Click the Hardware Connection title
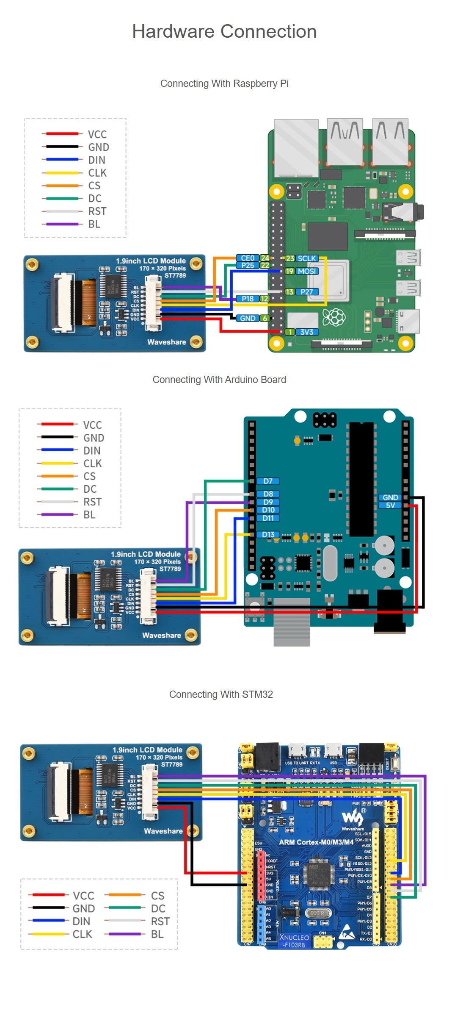[224, 32]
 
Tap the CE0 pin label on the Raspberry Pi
[247, 258]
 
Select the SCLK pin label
[307, 258]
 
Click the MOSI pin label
[307, 271]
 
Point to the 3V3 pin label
[307, 332]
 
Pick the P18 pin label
[248, 299]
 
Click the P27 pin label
[307, 292]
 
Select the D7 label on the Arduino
[268, 481]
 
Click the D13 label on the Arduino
[268, 535]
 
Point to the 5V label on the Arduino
[390, 505]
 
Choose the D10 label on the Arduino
[268, 510]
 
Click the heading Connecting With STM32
[221, 694]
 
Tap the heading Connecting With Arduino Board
[219, 380]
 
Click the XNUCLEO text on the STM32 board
[294, 937]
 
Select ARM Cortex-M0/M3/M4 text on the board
[316, 842]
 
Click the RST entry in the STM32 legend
[160, 922]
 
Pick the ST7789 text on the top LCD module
[175, 275]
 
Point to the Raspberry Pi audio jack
[404, 211]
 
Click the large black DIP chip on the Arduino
[361, 479]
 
